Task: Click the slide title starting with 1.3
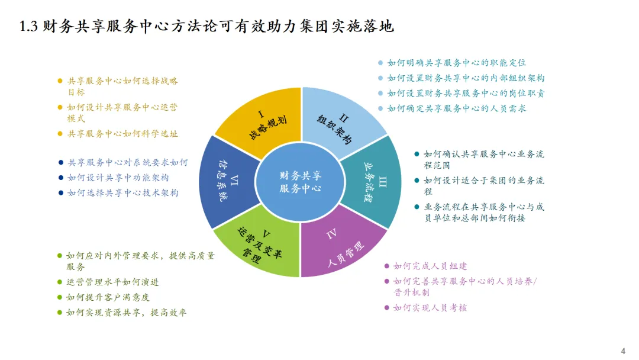point(207,27)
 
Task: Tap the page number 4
point(622,349)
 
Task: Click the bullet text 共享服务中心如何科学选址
point(122,134)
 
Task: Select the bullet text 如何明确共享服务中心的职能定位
point(456,62)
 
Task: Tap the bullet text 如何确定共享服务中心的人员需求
point(456,108)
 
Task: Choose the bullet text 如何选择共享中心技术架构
point(122,192)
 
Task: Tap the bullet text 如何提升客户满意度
point(108,297)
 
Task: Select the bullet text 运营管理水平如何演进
point(112,282)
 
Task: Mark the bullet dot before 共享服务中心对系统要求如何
point(60,162)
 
